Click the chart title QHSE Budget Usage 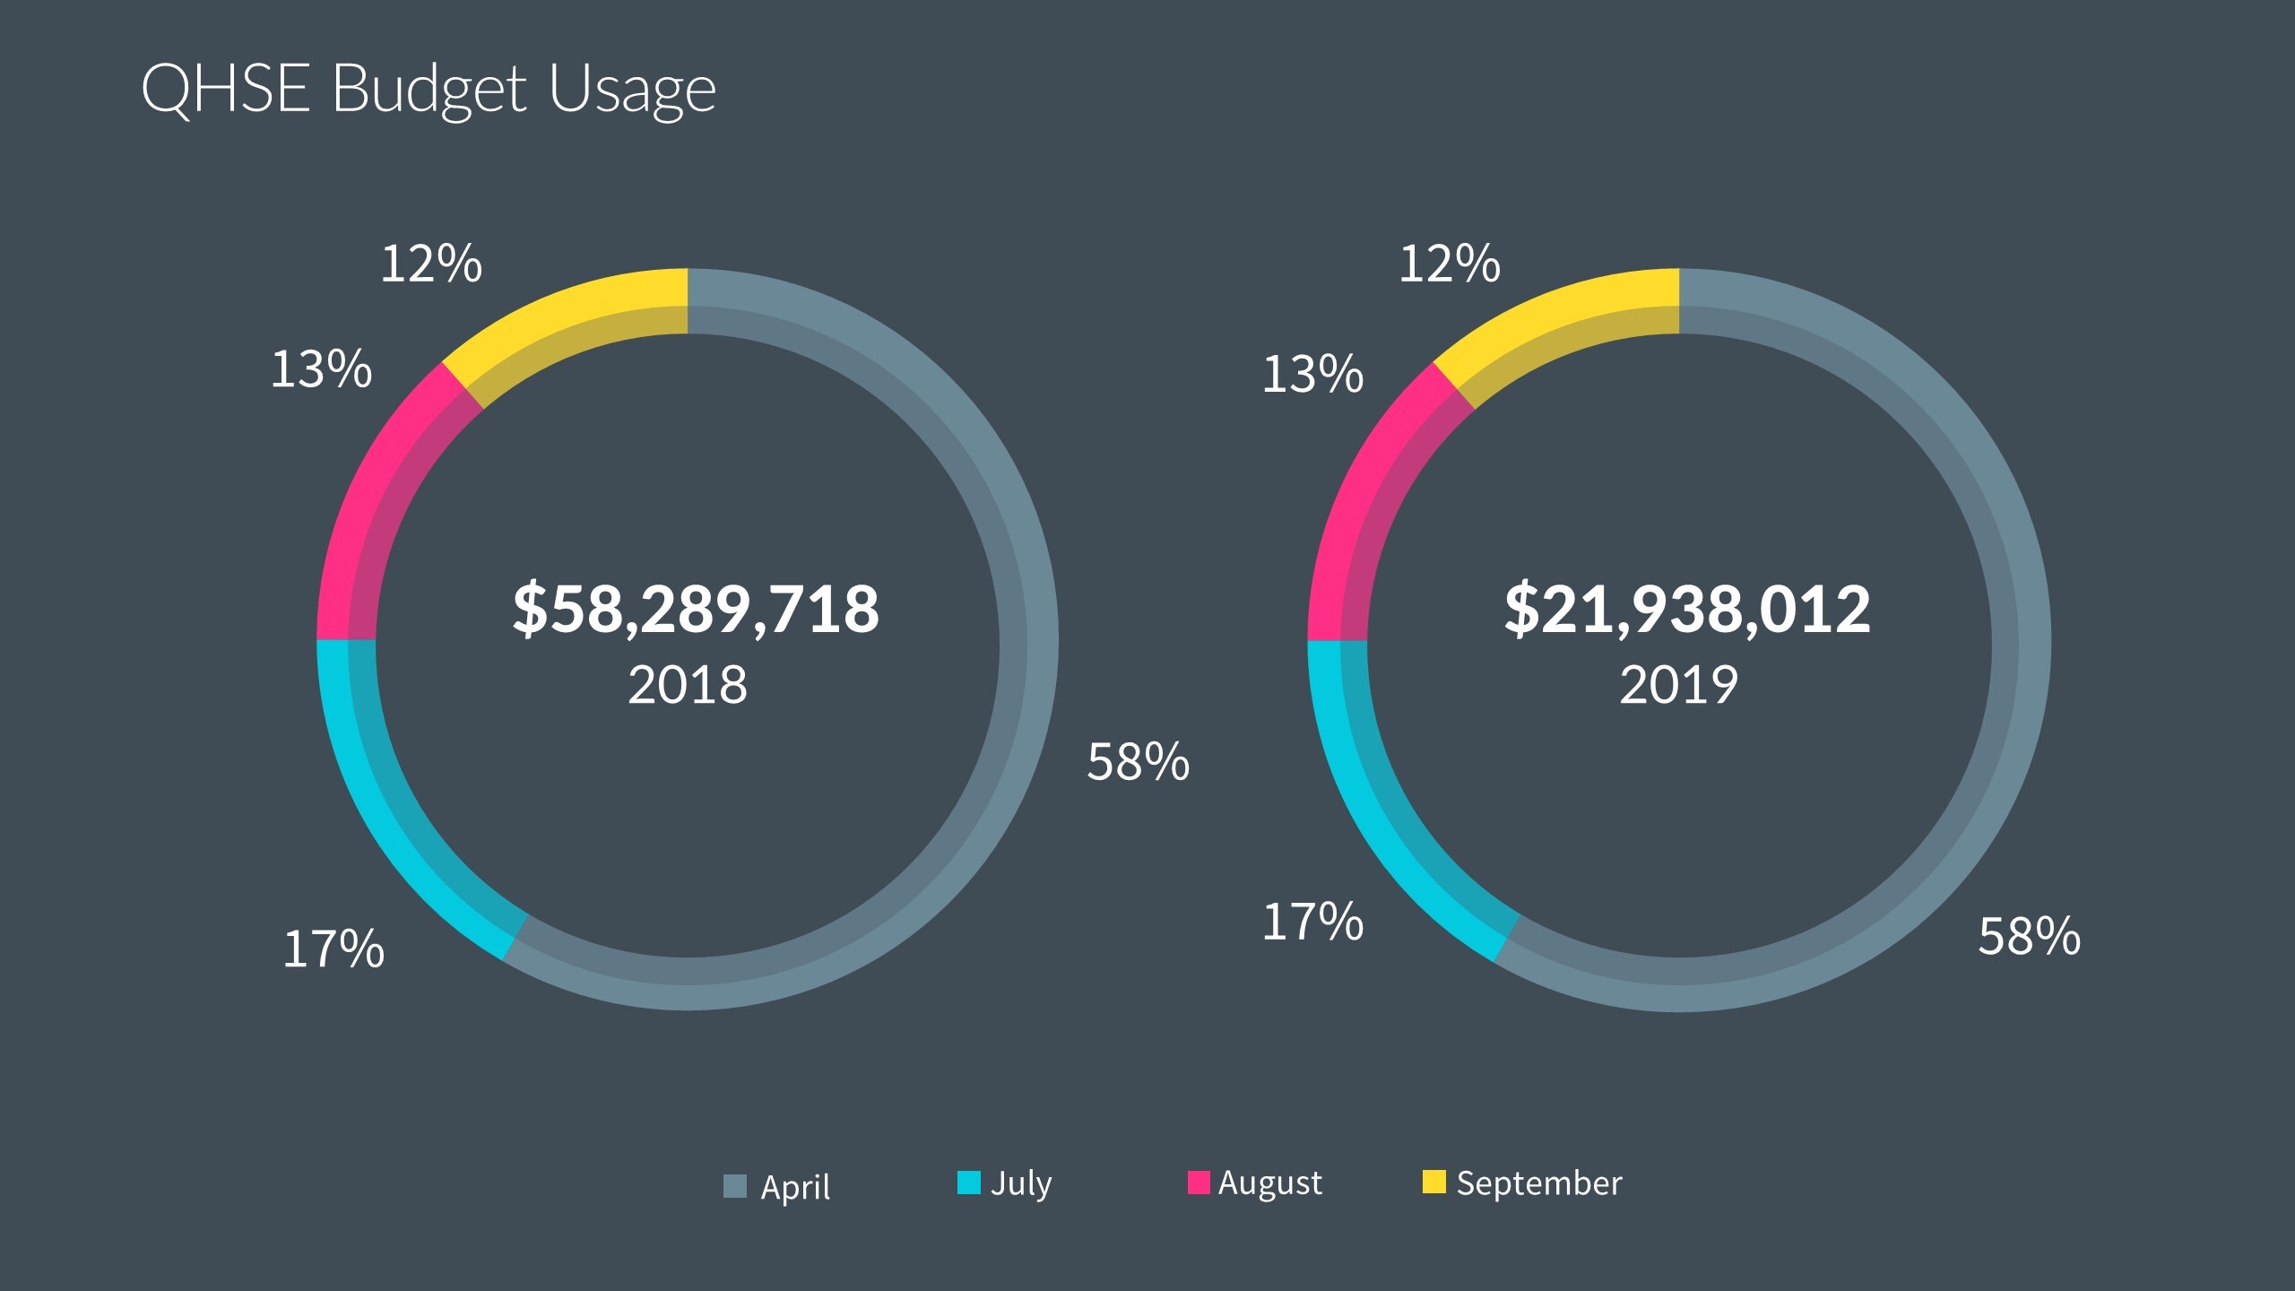pos(429,90)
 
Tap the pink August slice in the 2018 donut pos(377,502)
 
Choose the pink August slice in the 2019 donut pos(1368,502)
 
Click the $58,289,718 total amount pos(696,610)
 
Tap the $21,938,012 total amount pos(1687,610)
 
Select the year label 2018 pos(688,686)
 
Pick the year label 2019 pos(1679,686)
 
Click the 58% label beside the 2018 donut pos(1139,763)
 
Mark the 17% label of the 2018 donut pos(333,949)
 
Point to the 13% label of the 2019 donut pos(1312,375)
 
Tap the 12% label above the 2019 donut pos(1449,264)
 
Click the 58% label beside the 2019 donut pos(2030,937)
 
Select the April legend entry pos(777,1186)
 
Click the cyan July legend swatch pos(969,1183)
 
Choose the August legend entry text pos(1269,1183)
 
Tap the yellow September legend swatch pos(1434,1183)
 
